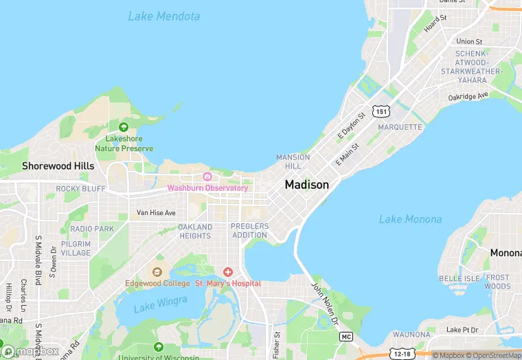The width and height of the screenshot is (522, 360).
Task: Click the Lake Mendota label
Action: pyautogui.click(x=164, y=16)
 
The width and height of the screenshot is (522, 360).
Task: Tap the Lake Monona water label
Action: pyautogui.click(x=410, y=219)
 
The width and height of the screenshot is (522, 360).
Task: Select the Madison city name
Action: pyautogui.click(x=306, y=185)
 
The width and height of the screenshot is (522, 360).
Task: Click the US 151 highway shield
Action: pyautogui.click(x=381, y=111)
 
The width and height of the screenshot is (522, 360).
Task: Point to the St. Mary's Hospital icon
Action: pyautogui.click(x=227, y=273)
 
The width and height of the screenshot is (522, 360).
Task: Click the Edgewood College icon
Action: pyautogui.click(x=157, y=273)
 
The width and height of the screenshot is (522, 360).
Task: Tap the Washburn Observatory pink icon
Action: pyautogui.click(x=207, y=177)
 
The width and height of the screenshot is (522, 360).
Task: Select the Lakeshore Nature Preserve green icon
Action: pyautogui.click(x=124, y=127)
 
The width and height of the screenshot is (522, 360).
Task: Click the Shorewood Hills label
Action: pyautogui.click(x=58, y=166)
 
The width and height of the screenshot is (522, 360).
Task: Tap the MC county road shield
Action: pyautogui.click(x=346, y=337)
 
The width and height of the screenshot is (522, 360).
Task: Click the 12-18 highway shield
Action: pyautogui.click(x=403, y=354)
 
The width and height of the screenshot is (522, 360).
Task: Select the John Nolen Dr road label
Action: pyautogui.click(x=325, y=304)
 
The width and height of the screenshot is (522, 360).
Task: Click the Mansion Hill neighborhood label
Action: pyautogui.click(x=293, y=161)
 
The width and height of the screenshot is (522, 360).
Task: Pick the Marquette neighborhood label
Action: pyautogui.click(x=400, y=127)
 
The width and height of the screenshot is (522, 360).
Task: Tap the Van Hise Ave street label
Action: pyautogui.click(x=156, y=213)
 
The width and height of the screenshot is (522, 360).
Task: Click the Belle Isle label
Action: pyautogui.click(x=459, y=278)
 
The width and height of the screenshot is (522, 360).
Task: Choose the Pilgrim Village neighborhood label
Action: pyautogui.click(x=76, y=248)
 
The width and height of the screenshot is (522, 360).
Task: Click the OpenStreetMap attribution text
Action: pyautogui.click(x=493, y=355)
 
